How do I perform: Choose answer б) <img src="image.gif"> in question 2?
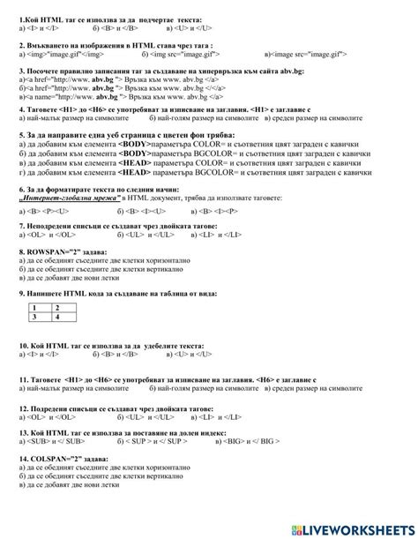171,53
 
